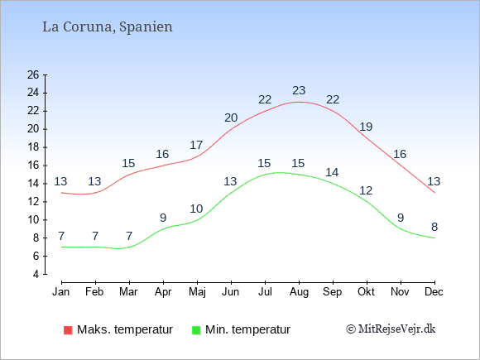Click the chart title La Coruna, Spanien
coord(108,27)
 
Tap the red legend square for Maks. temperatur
coord(68,330)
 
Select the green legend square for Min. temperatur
coord(196,330)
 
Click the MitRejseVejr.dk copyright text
coord(391,329)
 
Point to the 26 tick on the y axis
coord(33,74)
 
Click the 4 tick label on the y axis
coord(36,274)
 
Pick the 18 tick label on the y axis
coord(33,147)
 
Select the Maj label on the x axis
coord(197,292)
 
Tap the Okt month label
coord(366,292)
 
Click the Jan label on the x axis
coord(61,292)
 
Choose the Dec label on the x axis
coord(434,292)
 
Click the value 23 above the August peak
coord(299,90)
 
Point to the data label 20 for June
coord(231,118)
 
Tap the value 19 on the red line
coord(366,127)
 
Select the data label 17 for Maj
coord(196,145)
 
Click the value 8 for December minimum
coord(434,227)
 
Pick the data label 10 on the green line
coord(196,209)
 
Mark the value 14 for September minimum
coord(332,172)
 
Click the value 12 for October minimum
coord(366,190)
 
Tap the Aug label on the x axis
coord(299,292)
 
